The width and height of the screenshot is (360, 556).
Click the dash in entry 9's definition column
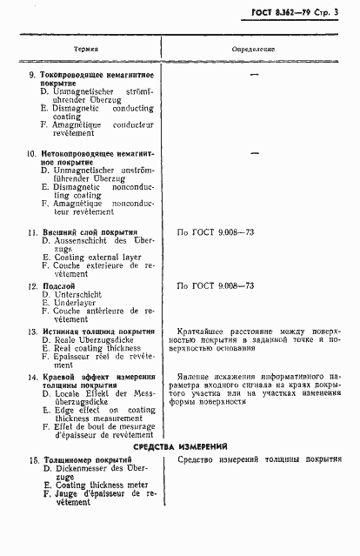coord(255,75)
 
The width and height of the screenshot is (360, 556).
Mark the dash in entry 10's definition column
coord(255,152)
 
